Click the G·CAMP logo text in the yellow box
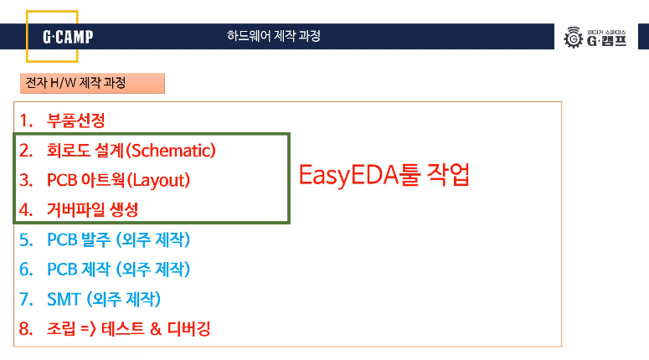click(68, 37)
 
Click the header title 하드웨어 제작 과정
click(273, 36)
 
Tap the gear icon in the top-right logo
click(574, 38)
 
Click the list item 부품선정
click(75, 120)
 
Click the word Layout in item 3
click(159, 180)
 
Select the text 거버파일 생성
click(92, 209)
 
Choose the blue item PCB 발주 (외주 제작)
click(118, 240)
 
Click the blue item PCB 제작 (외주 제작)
click(118, 270)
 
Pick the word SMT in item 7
click(64, 299)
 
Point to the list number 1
click(26, 120)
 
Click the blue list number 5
click(26, 240)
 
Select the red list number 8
click(26, 329)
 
